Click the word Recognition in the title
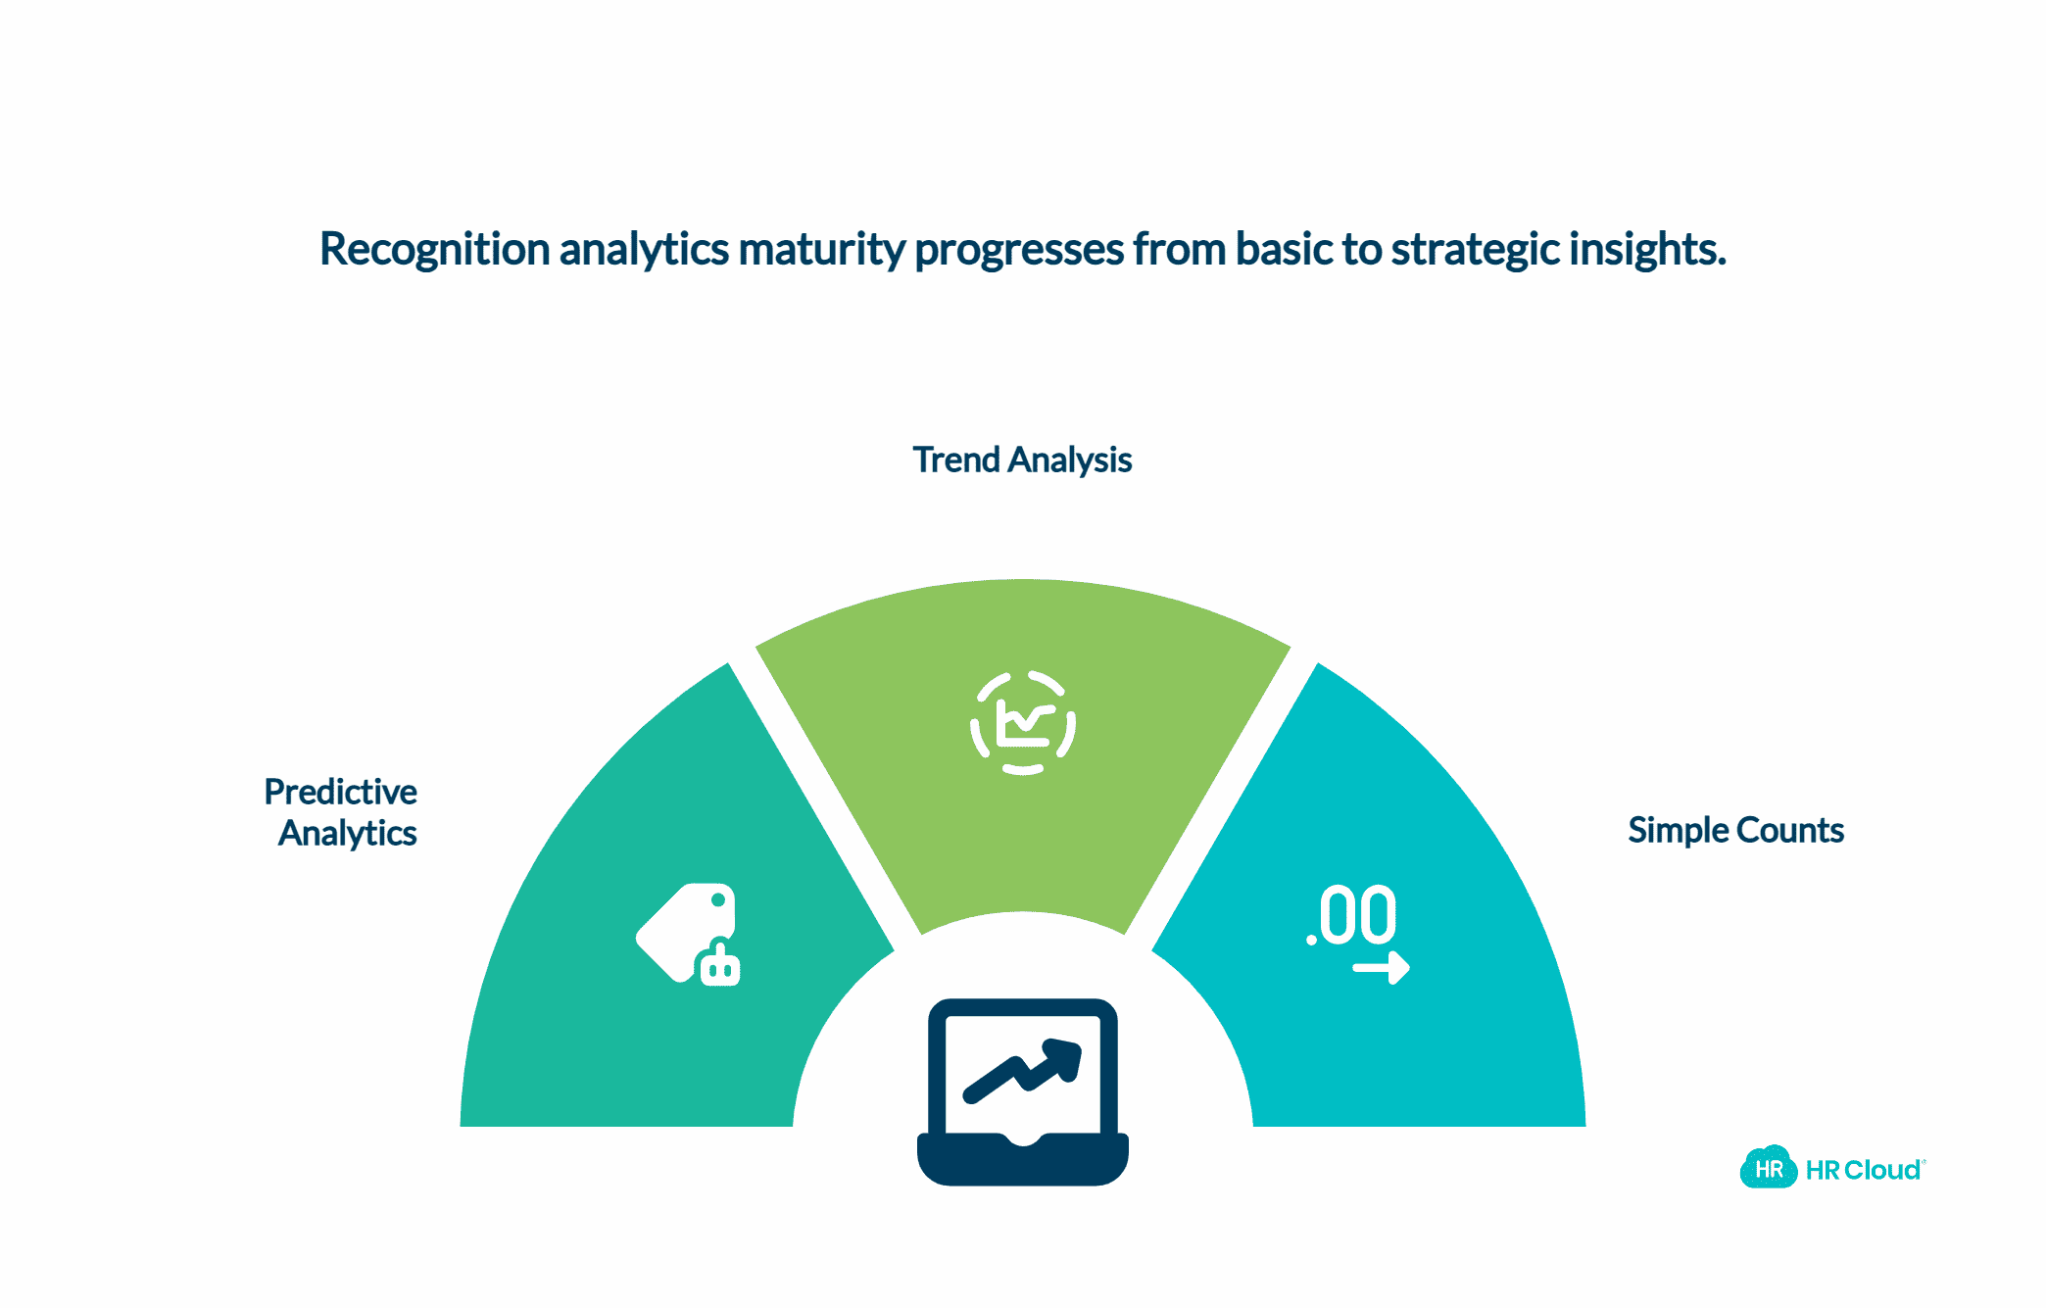point(434,250)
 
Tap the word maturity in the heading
point(821,250)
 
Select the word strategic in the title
point(1476,250)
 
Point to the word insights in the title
point(1647,250)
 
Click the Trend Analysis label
point(1022,460)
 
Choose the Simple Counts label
point(1735,830)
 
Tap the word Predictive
point(341,791)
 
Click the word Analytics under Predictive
point(348,833)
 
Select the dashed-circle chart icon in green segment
point(1023,723)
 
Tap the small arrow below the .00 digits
point(1382,968)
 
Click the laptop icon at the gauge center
point(1023,1091)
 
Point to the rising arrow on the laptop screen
point(1023,1070)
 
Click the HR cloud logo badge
point(1769,1167)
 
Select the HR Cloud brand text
point(1864,1170)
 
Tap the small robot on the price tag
point(720,962)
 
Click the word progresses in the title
point(1019,250)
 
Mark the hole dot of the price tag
point(718,899)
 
